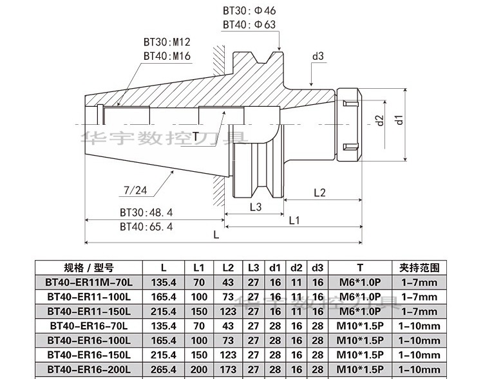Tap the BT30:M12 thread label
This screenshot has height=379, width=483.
(167, 42)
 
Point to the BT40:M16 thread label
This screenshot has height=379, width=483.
(167, 56)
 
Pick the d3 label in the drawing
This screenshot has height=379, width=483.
(317, 57)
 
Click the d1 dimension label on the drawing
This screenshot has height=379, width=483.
(399, 120)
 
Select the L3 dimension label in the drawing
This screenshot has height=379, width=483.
(255, 207)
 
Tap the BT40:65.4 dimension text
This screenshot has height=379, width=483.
(146, 226)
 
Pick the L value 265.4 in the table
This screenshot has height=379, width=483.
(164, 369)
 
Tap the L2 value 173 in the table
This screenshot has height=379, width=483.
(228, 369)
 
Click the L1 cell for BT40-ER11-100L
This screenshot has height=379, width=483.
(200, 297)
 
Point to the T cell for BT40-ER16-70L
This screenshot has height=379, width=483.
(360, 326)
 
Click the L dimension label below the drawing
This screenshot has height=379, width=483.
(216, 236)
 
